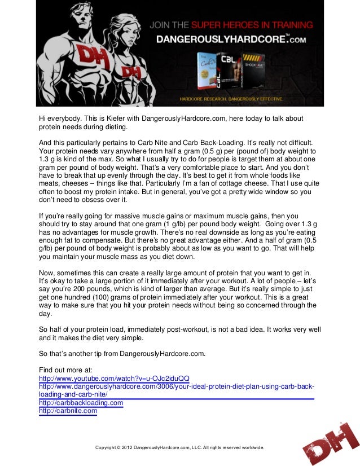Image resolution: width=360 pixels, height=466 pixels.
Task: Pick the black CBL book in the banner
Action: click(230, 73)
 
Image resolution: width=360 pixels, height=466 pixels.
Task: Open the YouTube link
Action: click(114, 378)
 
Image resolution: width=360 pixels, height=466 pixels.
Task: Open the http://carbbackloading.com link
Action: click(81, 403)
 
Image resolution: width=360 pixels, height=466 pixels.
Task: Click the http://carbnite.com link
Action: click(68, 411)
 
